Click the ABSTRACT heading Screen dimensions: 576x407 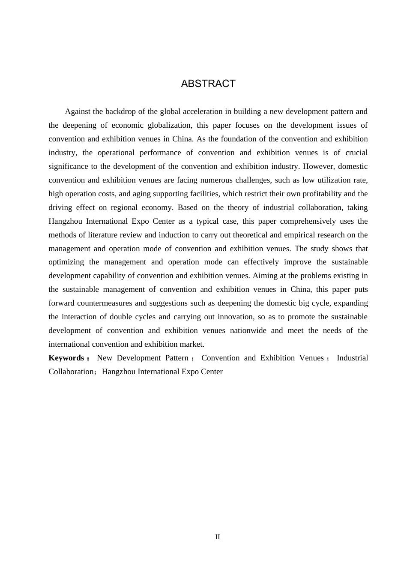208,84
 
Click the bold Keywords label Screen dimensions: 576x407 66,358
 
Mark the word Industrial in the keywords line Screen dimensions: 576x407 352,358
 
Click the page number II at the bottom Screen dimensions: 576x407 218,537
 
